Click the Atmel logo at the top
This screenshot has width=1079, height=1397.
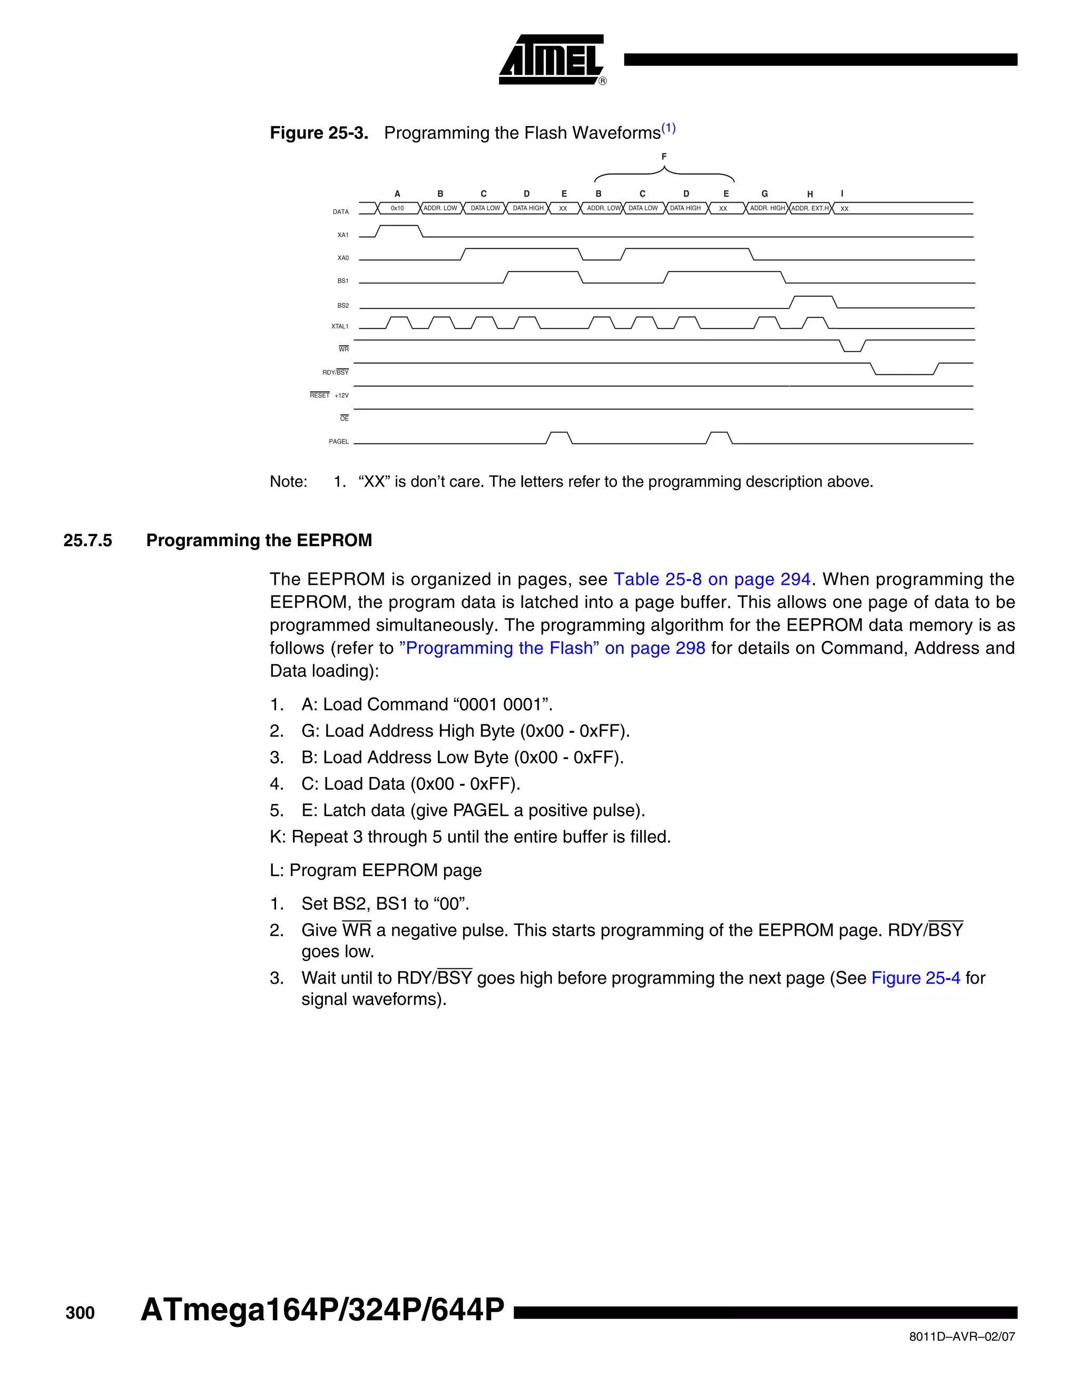click(551, 60)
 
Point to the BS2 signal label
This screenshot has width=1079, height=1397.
click(342, 306)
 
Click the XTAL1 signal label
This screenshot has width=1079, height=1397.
click(339, 327)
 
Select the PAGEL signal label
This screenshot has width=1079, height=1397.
click(339, 442)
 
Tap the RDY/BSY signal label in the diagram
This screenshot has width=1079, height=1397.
click(335, 372)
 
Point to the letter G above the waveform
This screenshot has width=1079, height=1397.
click(764, 194)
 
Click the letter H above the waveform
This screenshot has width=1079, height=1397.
click(810, 195)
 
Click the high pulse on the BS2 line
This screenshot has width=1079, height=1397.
click(812, 297)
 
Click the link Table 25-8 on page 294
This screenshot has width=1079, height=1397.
click(711, 579)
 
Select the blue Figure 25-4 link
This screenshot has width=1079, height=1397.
click(915, 978)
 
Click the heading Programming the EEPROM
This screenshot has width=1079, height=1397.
click(259, 540)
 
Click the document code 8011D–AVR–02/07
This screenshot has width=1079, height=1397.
click(962, 1337)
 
